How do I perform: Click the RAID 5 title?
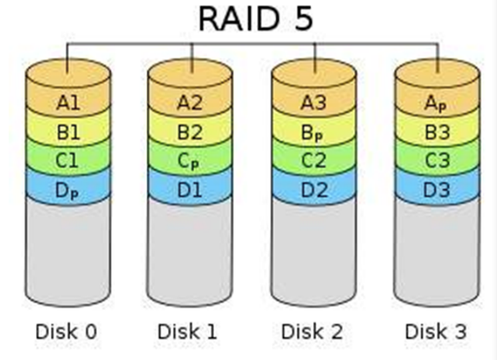coord(255,18)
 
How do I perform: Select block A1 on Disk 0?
coord(67,103)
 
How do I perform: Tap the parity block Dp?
coord(67,189)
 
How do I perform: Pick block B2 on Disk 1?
coord(190,132)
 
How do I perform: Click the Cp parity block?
coord(190,161)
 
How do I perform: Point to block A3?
coord(313,103)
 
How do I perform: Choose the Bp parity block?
coord(313,132)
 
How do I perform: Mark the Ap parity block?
coord(436,103)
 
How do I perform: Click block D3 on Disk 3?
coord(436,189)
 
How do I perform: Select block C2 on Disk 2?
coord(313,161)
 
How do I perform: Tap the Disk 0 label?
coord(67,331)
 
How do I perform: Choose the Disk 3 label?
coord(436,331)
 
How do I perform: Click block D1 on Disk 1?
coord(190,189)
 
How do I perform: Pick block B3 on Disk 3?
coord(436,132)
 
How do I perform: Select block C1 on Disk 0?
coord(67,161)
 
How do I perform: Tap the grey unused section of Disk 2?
coord(313,250)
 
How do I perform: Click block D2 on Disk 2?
coord(313,189)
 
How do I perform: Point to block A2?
coord(190,103)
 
